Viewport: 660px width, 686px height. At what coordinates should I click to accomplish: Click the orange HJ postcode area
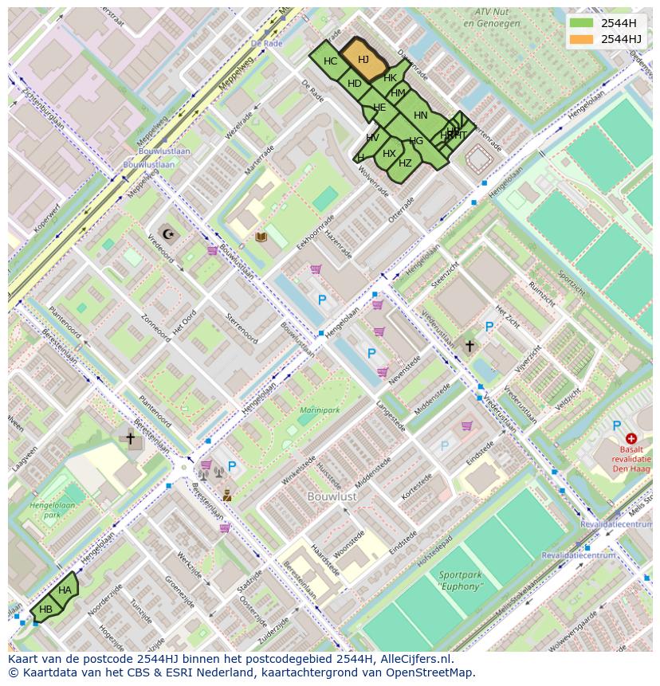[363, 60]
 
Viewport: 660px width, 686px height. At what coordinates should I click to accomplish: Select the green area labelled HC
[330, 61]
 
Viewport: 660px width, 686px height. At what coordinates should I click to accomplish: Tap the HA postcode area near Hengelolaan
[65, 590]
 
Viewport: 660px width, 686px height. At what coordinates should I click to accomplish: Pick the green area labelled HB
[46, 610]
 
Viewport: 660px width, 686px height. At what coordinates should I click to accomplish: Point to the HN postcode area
[420, 116]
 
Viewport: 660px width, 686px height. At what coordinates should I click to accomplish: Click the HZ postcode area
[405, 163]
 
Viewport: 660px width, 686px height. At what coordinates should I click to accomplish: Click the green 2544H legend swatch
[582, 23]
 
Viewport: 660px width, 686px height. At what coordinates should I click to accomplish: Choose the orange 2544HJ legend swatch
[582, 39]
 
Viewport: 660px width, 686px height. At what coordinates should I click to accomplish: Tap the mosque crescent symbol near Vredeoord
[167, 233]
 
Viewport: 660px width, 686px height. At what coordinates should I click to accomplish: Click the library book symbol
[261, 237]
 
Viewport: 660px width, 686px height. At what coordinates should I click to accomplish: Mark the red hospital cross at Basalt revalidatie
[631, 438]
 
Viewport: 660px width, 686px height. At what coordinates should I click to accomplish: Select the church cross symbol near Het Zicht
[469, 346]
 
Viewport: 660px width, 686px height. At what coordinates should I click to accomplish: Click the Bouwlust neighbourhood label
[332, 496]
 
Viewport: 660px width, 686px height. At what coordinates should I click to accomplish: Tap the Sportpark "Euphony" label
[461, 581]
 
